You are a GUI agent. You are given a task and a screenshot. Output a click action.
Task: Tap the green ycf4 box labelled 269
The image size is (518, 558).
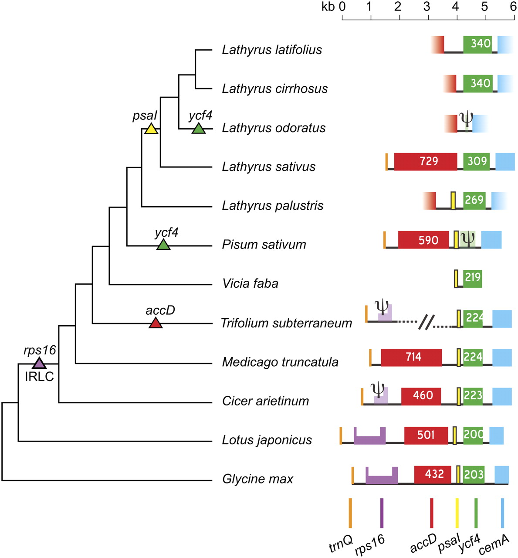474,200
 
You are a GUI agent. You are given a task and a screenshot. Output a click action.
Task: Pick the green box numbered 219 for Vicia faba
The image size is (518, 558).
472,277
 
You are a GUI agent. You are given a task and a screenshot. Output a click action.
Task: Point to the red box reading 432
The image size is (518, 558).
434,474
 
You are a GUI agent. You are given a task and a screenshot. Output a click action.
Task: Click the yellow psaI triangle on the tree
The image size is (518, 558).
151,129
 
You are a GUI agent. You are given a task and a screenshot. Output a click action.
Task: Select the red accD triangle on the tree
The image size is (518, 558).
156,323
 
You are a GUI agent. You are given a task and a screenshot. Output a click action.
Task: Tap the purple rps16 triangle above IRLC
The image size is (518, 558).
39,363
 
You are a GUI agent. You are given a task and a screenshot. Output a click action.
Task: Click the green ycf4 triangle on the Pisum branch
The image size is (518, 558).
163,245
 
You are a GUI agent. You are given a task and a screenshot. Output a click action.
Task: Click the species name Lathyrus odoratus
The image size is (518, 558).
274,128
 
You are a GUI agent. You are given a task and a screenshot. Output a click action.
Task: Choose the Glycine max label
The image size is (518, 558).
257,479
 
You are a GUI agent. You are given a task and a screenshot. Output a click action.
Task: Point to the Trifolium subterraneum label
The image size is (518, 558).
286,323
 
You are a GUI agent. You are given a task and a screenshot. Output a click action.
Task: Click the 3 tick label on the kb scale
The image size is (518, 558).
427,7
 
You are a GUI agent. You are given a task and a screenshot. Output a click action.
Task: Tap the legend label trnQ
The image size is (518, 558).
341,543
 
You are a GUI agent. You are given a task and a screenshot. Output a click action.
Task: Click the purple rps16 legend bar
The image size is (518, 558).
382,513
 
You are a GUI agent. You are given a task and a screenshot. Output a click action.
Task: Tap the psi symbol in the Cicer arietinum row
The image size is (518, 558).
378,389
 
